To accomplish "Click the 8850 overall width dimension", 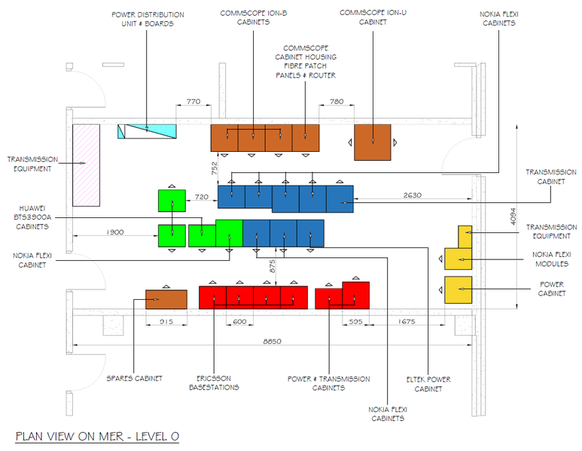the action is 272,341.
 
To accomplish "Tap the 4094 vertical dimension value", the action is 513,216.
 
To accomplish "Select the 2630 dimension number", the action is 412,195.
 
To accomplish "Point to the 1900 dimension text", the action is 115,232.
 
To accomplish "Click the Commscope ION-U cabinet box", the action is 372,142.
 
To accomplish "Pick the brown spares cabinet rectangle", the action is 166,299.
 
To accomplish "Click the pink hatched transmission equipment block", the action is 86,165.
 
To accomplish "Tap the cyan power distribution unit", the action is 147,132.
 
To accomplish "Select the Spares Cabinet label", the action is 134,378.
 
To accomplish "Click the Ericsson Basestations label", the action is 214,383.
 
